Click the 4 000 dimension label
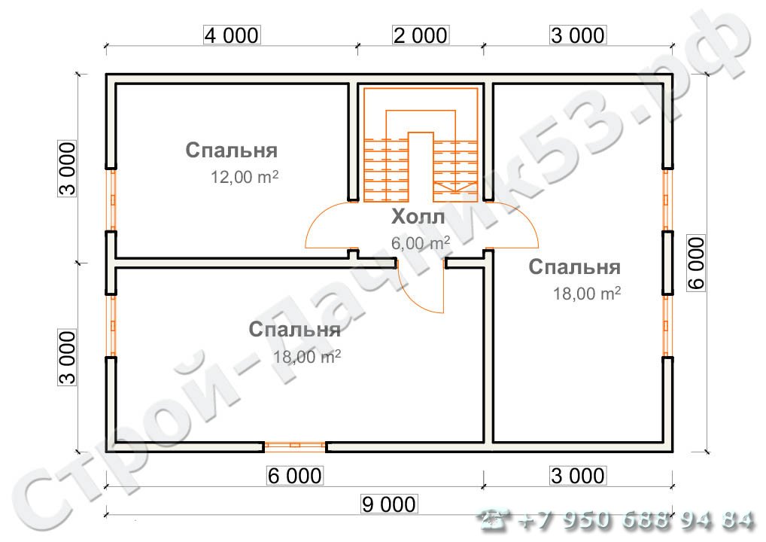[230, 35]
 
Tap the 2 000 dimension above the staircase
[419, 35]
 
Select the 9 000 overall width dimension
[388, 504]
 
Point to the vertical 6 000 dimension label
[696, 263]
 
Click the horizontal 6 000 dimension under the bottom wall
[294, 476]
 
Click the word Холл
[418, 218]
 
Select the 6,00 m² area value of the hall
[420, 242]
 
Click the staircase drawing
[421, 147]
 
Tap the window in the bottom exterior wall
[294, 446]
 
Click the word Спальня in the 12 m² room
[232, 150]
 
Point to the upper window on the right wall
[667, 199]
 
